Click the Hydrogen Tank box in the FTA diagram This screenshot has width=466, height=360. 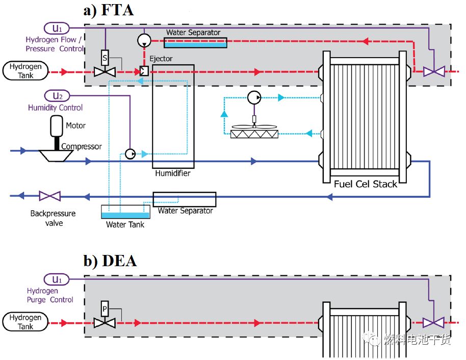[x=25, y=71]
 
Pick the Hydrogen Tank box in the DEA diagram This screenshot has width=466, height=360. [x=25, y=322]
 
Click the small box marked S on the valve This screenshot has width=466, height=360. [x=105, y=58]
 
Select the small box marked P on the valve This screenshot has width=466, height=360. [x=105, y=309]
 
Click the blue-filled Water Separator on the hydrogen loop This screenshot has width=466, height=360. [x=195, y=43]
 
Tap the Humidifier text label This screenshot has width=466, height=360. [x=173, y=173]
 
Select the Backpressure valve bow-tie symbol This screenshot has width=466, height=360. [x=50, y=196]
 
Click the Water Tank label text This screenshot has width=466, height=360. [x=125, y=224]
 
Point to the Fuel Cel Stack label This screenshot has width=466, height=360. [x=365, y=184]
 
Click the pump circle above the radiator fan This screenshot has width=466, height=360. [x=253, y=98]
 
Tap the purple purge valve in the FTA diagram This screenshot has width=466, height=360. [x=434, y=72]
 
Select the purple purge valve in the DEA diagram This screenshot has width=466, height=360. [x=434, y=323]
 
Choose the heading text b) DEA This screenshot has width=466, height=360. [x=110, y=261]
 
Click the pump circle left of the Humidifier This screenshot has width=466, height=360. [x=130, y=153]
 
